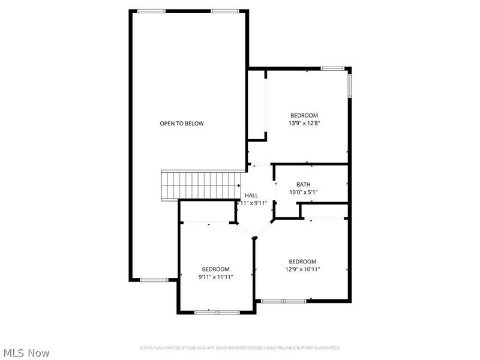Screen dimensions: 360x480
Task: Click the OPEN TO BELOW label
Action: click(x=181, y=124)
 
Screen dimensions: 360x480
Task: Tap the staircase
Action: click(x=201, y=184)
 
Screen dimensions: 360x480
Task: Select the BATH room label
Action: click(x=304, y=184)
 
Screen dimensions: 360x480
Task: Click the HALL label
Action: click(x=251, y=195)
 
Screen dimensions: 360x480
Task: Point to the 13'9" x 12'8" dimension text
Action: click(x=304, y=124)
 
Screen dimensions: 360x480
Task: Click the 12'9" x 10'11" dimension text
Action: click(x=303, y=269)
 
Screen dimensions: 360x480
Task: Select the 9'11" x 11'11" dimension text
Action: click(x=215, y=277)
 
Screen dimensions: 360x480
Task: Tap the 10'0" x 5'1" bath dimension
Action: click(x=304, y=192)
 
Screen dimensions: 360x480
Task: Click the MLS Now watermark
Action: click(x=26, y=353)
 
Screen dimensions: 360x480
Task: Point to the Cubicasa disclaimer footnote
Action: click(x=240, y=348)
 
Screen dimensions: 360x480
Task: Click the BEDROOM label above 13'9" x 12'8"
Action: click(x=304, y=115)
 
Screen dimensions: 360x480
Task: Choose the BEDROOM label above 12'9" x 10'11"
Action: click(x=302, y=261)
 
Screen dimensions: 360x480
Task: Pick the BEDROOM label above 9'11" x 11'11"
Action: click(x=215, y=269)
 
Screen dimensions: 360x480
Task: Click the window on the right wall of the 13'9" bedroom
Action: click(x=350, y=84)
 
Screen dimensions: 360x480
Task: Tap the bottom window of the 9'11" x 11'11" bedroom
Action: click(x=217, y=312)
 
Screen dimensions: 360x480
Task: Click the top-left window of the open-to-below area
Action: click(x=151, y=11)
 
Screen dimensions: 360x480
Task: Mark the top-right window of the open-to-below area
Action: click(x=224, y=11)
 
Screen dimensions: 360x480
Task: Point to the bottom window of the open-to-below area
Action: click(x=154, y=280)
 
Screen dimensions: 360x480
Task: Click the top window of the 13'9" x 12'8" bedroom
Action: click(x=332, y=68)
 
